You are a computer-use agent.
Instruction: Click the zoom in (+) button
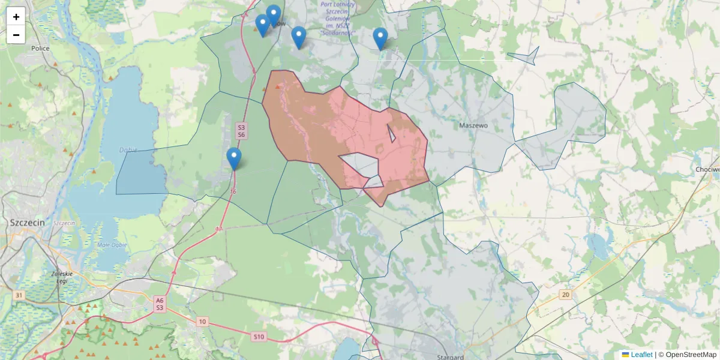pos(16,17)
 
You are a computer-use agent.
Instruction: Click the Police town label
pos(40,49)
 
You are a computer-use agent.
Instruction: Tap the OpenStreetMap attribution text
pos(691,355)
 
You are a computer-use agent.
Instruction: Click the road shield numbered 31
pos(19,296)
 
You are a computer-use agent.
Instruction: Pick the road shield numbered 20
pos(565,295)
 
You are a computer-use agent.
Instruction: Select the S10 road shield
pos(259,337)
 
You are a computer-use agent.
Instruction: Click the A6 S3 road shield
pos(159,304)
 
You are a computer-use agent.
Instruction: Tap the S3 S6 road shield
pos(241,131)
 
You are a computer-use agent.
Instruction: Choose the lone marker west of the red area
pos(234,158)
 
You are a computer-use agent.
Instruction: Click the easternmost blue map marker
pos(380,38)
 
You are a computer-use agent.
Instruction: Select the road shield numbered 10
pos(203,322)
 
